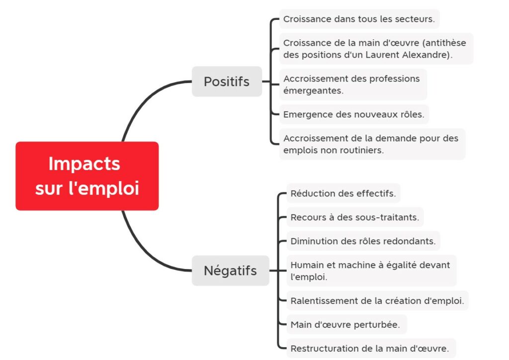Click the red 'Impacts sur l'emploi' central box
coord(87,176)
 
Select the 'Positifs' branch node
coord(227,82)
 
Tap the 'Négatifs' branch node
coord(230,270)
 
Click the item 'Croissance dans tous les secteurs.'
coord(359,19)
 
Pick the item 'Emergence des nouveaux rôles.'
coord(353,114)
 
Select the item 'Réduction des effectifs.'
coord(343,193)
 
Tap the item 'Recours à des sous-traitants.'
coord(354,217)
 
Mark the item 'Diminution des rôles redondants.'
coord(363,241)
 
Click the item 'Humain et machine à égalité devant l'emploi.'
coord(371,271)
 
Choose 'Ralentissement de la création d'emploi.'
coord(377,301)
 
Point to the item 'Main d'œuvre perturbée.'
coord(346,325)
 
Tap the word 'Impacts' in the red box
coord(85,164)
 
